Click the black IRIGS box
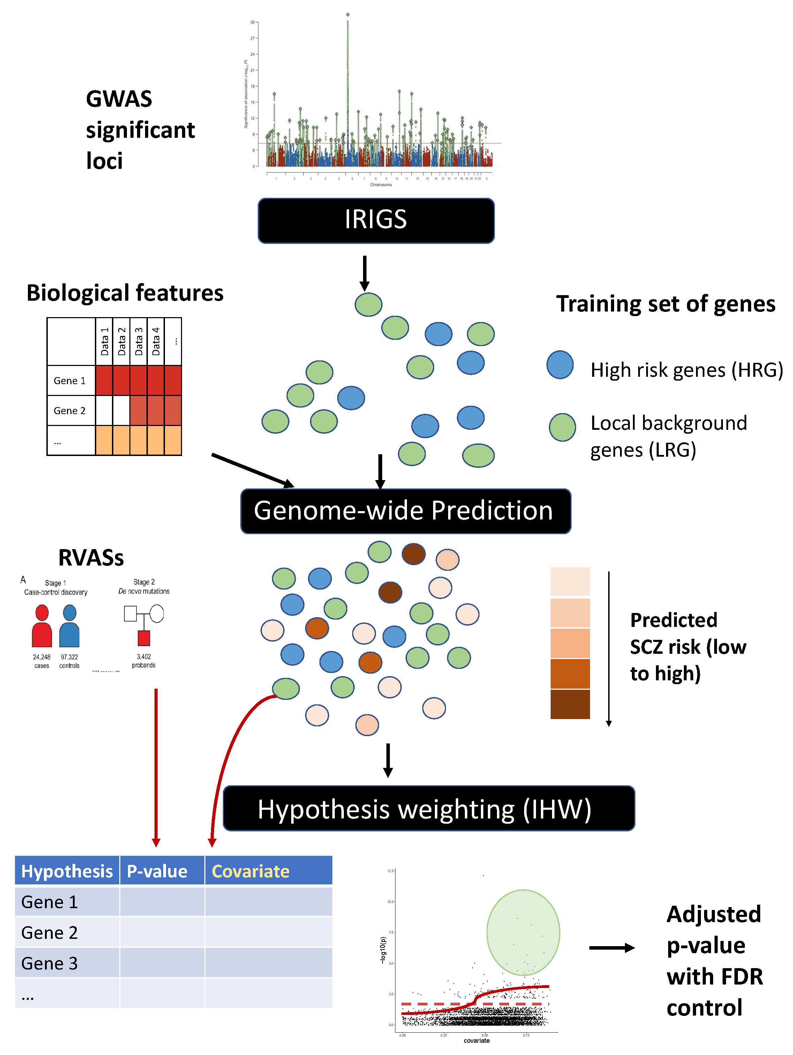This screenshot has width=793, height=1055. pyautogui.click(x=376, y=220)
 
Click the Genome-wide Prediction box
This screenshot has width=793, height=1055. pyautogui.click(x=405, y=511)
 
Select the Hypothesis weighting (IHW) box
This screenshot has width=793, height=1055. pyautogui.click(x=428, y=808)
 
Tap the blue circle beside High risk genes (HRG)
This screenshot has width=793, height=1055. pyautogui.click(x=560, y=365)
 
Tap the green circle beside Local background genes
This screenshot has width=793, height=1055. pyautogui.click(x=562, y=427)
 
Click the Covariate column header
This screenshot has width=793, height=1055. pyautogui.click(x=251, y=871)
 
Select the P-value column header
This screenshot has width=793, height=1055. pyautogui.click(x=157, y=871)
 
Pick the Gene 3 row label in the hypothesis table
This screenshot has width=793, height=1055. pyautogui.click(x=50, y=963)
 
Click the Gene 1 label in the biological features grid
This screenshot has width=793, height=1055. pyautogui.click(x=70, y=381)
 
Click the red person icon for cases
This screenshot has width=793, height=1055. pyautogui.click(x=42, y=626)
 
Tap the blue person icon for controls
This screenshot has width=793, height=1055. pyautogui.click(x=70, y=626)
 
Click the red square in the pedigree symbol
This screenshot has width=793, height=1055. pyautogui.click(x=144, y=638)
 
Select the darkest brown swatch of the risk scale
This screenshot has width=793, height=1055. pyautogui.click(x=570, y=704)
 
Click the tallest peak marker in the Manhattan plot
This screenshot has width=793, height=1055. pyautogui.click(x=348, y=15)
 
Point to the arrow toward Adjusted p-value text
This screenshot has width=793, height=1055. pyautogui.click(x=611, y=948)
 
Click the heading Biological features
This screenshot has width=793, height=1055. pyautogui.click(x=125, y=293)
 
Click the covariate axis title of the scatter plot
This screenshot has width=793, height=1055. pyautogui.click(x=476, y=1040)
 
